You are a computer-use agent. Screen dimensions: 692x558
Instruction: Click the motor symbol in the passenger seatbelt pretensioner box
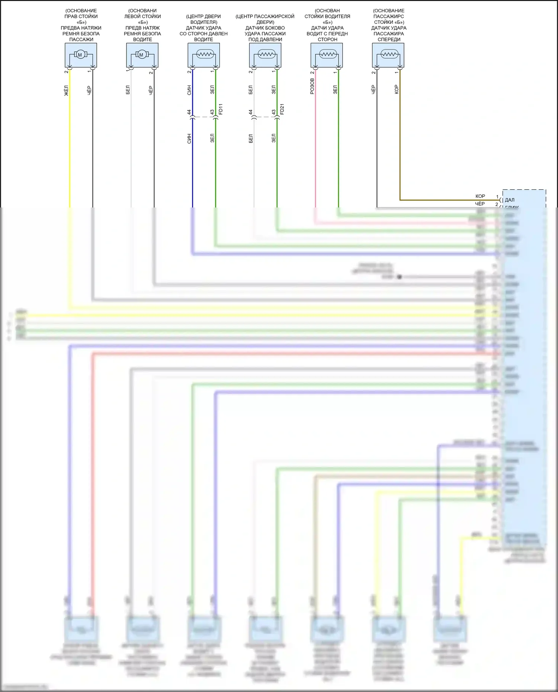[x=80, y=55]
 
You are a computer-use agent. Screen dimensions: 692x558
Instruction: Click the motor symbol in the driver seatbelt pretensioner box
[x=141, y=55]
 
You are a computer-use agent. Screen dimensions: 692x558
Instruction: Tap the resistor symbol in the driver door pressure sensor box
[x=203, y=55]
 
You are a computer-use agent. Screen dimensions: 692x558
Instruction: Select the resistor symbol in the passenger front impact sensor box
[x=389, y=55]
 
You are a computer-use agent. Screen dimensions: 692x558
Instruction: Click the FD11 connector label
[x=221, y=109]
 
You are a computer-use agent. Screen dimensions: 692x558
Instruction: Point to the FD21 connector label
[x=282, y=109]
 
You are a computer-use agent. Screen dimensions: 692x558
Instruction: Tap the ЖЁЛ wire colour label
[x=66, y=90]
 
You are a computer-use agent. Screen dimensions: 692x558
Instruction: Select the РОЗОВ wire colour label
[x=312, y=86]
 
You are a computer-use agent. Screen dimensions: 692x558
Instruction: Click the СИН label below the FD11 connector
[x=189, y=139]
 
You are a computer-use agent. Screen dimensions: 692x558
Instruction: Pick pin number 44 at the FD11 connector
[x=189, y=112]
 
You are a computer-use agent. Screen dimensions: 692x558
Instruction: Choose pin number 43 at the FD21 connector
[x=273, y=112]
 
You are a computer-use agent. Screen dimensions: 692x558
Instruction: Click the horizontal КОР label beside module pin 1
[x=480, y=196]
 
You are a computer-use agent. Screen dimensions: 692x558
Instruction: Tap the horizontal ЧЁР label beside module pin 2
[x=480, y=204]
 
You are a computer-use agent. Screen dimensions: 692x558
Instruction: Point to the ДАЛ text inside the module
[x=510, y=200]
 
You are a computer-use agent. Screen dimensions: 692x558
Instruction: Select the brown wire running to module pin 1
[x=400, y=149]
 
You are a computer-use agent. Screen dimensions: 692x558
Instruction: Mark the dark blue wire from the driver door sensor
[x=192, y=167]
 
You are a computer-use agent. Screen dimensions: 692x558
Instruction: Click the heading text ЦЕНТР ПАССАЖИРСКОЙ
[x=265, y=16]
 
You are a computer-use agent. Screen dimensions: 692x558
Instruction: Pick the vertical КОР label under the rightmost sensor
[x=397, y=89]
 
